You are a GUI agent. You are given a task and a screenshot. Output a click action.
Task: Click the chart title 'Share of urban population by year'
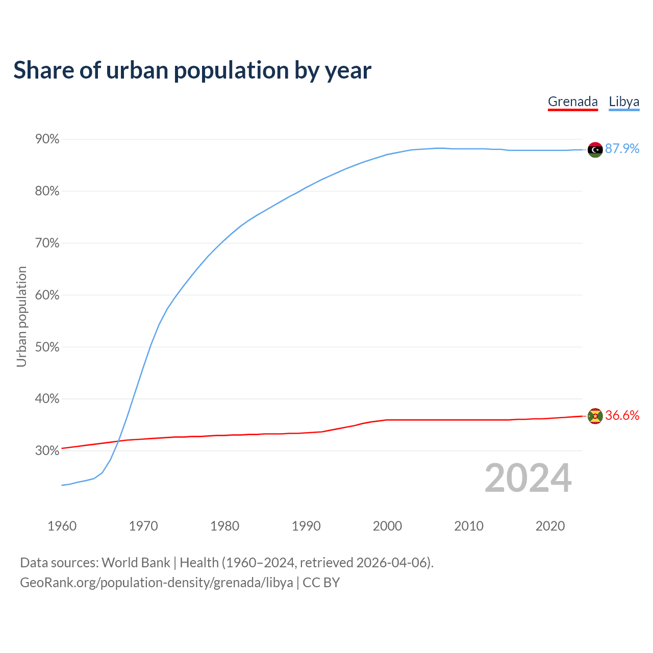(x=192, y=70)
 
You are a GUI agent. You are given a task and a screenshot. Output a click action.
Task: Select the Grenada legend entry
(x=572, y=102)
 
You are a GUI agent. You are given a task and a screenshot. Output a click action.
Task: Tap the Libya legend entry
(x=624, y=102)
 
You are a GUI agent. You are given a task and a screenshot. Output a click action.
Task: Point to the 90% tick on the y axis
(x=47, y=139)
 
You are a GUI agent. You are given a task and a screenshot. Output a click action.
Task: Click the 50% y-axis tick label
(x=47, y=347)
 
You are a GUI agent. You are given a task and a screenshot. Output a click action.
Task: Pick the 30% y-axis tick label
(x=47, y=450)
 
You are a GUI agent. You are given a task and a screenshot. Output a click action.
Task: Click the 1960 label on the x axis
(x=62, y=526)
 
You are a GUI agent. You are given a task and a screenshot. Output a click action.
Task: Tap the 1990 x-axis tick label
(x=306, y=526)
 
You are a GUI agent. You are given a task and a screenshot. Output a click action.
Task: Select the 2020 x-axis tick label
(x=550, y=526)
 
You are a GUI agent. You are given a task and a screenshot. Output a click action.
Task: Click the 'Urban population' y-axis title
(x=21, y=316)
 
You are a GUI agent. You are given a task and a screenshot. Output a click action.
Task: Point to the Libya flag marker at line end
(x=595, y=149)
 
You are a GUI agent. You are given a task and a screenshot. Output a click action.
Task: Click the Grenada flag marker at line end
(x=595, y=416)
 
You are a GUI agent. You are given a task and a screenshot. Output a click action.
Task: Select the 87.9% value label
(x=622, y=148)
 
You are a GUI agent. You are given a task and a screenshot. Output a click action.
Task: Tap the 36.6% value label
(x=622, y=416)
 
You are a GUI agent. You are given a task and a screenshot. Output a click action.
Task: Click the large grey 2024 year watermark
(x=528, y=478)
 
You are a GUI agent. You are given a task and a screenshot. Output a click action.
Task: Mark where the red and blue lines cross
(x=118, y=441)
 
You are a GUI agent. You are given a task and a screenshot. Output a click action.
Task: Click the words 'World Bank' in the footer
(x=136, y=563)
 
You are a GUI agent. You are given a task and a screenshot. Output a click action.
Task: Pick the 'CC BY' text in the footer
(x=321, y=583)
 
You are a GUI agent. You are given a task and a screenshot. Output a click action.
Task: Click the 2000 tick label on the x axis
(x=387, y=526)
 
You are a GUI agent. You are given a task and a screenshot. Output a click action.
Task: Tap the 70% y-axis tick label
(x=47, y=243)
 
